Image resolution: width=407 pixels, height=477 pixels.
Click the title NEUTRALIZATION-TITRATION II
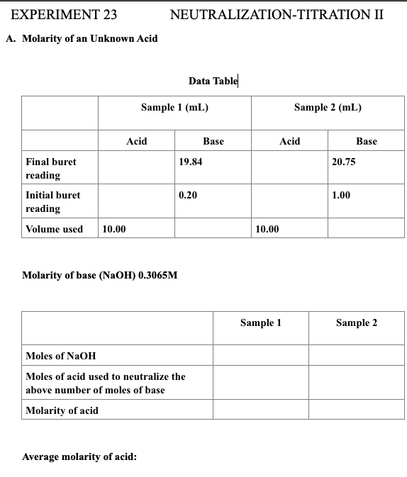277,14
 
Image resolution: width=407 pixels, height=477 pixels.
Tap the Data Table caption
213,80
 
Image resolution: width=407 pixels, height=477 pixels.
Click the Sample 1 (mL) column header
174,108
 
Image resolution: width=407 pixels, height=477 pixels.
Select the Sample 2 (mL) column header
328,108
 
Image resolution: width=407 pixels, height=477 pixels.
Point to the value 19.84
191,162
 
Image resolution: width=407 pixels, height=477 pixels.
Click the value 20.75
344,162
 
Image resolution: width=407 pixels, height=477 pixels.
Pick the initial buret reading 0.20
188,195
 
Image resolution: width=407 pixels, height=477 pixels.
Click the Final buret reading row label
50,168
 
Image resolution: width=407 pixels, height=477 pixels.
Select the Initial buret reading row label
52,201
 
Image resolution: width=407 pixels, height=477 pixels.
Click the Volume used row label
54,229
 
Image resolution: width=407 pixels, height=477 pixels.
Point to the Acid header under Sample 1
136,141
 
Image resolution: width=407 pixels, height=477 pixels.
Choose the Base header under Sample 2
366,141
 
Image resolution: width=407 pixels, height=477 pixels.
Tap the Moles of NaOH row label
60,356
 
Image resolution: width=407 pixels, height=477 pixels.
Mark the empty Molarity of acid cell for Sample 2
357,410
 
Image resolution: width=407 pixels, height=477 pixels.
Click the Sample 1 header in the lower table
261,323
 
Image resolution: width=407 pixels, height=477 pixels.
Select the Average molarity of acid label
79,456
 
